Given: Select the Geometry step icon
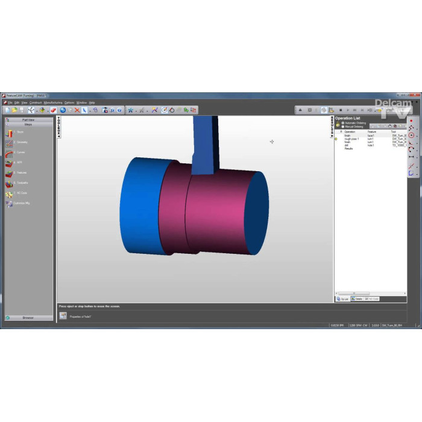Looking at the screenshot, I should tap(10, 142).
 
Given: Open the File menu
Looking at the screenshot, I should tap(10, 102).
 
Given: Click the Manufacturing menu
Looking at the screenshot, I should tap(53, 102).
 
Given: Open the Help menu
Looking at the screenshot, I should tap(92, 102).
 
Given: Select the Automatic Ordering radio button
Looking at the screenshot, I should tap(344, 123).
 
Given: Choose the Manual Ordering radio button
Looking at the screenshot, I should tap(344, 127).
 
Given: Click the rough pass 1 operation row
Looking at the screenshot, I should tap(351, 139).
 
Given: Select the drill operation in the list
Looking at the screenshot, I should tap(347, 145).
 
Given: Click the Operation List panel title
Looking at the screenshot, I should tap(348, 118).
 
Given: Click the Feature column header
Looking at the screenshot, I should tap(372, 131).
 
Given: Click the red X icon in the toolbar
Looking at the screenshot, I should tap(77, 110).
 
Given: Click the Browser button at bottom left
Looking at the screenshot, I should tap(28, 318).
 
